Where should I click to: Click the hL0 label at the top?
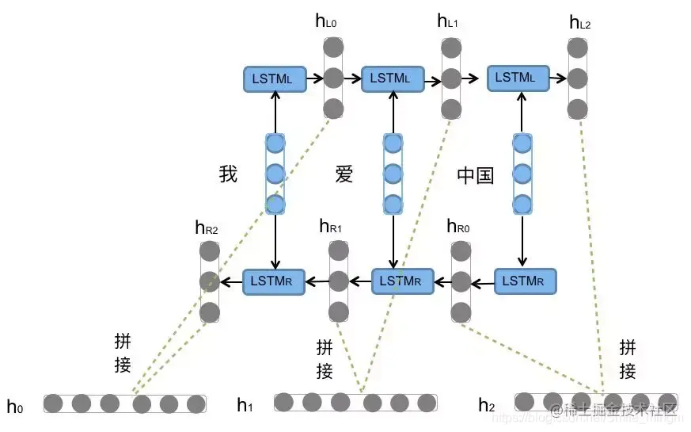tap(325, 21)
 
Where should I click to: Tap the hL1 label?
tap(447, 21)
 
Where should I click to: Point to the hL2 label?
tap(579, 22)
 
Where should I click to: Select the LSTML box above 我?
tap(274, 78)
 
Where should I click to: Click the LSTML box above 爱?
tap(391, 78)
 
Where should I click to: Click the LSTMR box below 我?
tap(274, 281)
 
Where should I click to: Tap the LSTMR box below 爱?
tap(402, 281)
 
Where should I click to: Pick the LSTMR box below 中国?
tap(525, 281)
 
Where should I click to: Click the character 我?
tap(228, 174)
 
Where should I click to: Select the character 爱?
tap(344, 174)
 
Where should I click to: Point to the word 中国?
tap(475, 175)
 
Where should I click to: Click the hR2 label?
tap(206, 228)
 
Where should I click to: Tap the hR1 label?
tap(330, 227)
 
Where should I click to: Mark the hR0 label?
tap(458, 227)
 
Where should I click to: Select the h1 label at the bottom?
tap(245, 406)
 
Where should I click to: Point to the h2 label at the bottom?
tap(486, 406)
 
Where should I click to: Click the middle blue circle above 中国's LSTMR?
tap(522, 174)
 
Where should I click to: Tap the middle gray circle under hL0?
tap(333, 78)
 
